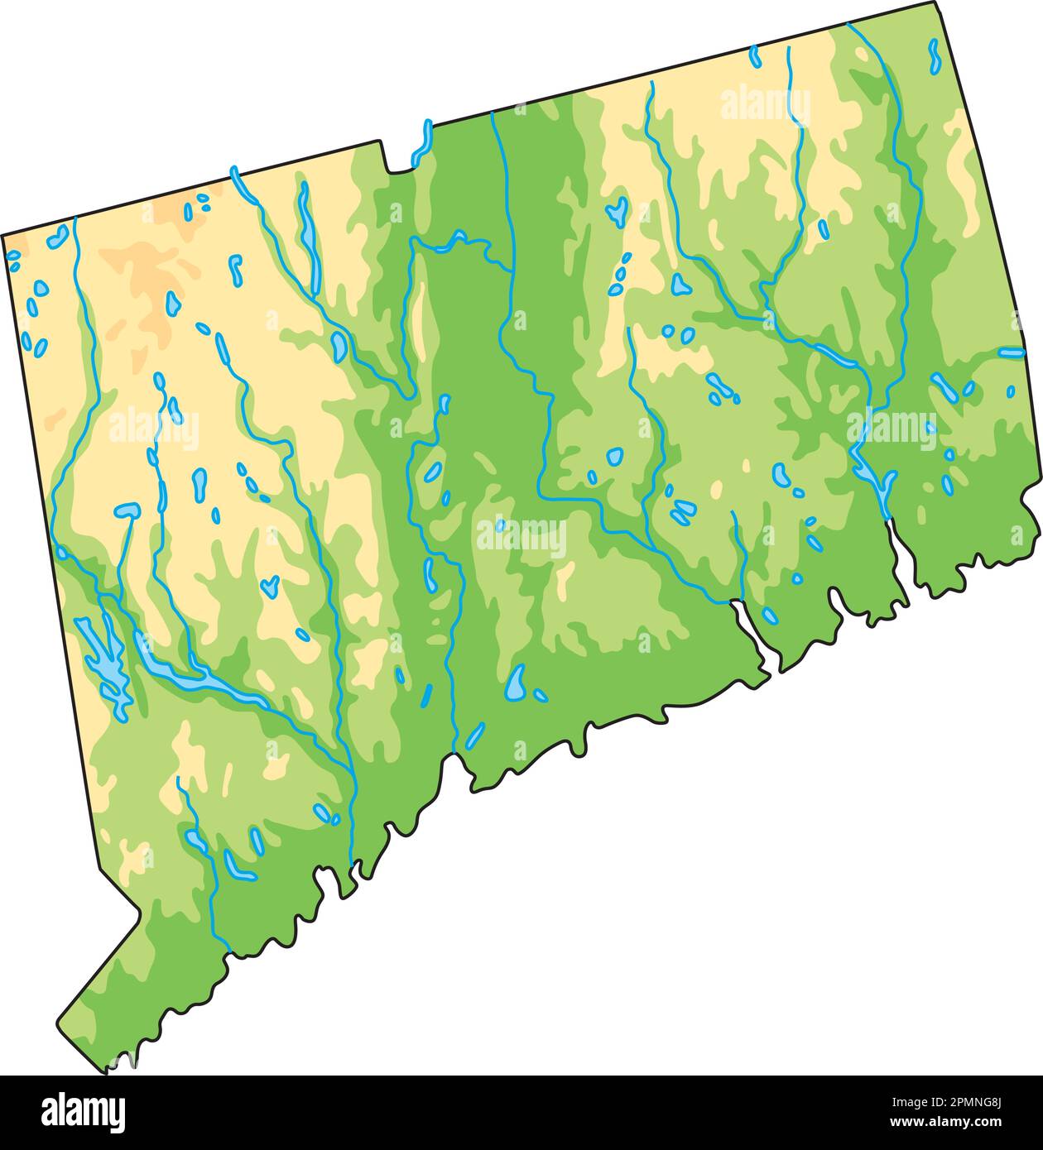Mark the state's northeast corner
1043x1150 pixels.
[x=937, y=3]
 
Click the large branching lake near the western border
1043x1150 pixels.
[x=103, y=654]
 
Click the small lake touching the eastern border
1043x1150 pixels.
[x=1011, y=352]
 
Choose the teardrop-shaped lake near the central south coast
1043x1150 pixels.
[x=517, y=683]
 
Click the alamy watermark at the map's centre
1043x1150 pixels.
[x=521, y=536]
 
